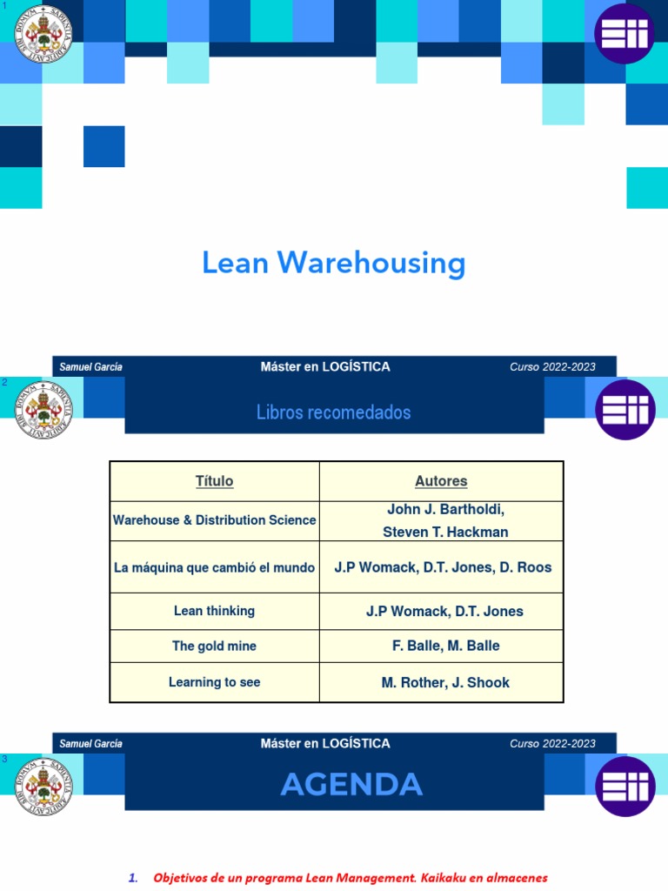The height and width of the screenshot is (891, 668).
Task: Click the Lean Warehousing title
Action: tap(334, 263)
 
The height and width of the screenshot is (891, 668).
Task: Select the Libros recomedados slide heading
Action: tap(334, 412)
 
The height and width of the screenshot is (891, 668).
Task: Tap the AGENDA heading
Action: tap(351, 785)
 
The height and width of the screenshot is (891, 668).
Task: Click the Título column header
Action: tap(214, 481)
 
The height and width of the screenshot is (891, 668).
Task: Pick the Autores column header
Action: tap(441, 481)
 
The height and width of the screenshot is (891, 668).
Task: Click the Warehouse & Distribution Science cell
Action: tap(214, 520)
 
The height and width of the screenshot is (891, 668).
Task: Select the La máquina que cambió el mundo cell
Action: tap(214, 567)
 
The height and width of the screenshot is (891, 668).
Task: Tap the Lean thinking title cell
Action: tap(214, 611)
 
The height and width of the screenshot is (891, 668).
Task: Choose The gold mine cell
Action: tap(214, 646)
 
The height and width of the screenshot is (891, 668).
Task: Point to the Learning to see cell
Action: tap(214, 682)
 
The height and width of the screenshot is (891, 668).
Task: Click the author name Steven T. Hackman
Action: tap(445, 532)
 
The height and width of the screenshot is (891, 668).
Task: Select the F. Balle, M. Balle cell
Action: tap(445, 646)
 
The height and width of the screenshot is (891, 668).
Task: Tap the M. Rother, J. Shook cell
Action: tap(445, 682)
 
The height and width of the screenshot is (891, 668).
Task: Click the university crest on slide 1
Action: tap(43, 33)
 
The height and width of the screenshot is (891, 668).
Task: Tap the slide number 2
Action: tap(4, 383)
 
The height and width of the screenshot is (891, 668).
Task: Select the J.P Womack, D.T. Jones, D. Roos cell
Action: tap(443, 567)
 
